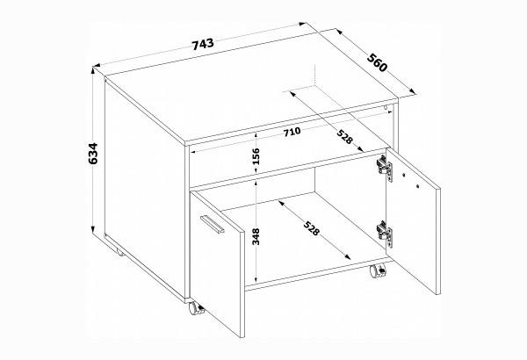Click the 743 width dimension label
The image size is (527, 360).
tap(203, 44)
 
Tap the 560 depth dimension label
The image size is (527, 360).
tap(377, 62)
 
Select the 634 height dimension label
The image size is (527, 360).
tap(92, 154)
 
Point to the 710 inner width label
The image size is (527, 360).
tap(292, 132)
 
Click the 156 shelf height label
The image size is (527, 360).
tap(256, 156)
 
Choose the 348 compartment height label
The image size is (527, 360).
tap(256, 237)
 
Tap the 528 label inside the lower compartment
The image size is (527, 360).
tap(311, 228)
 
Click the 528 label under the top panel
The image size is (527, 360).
tap(345, 137)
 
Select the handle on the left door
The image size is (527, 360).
tap(212, 224)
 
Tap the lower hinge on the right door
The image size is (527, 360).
tap(385, 233)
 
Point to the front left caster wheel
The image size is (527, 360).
tap(196, 308)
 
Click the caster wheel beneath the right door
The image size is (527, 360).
tap(378, 271)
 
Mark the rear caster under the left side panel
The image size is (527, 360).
tap(120, 253)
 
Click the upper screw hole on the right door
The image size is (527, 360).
tap(404, 175)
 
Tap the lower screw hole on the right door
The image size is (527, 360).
tap(417, 185)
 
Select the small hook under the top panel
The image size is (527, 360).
tap(386, 108)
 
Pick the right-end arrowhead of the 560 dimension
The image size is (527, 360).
tap(414, 91)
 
